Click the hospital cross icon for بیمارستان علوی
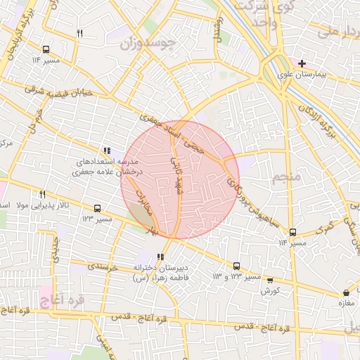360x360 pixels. (302, 63)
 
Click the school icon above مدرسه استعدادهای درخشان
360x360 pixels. (107, 150)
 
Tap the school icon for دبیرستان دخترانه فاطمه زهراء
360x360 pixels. (161, 257)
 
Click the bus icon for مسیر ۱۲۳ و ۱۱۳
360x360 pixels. (236, 266)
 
